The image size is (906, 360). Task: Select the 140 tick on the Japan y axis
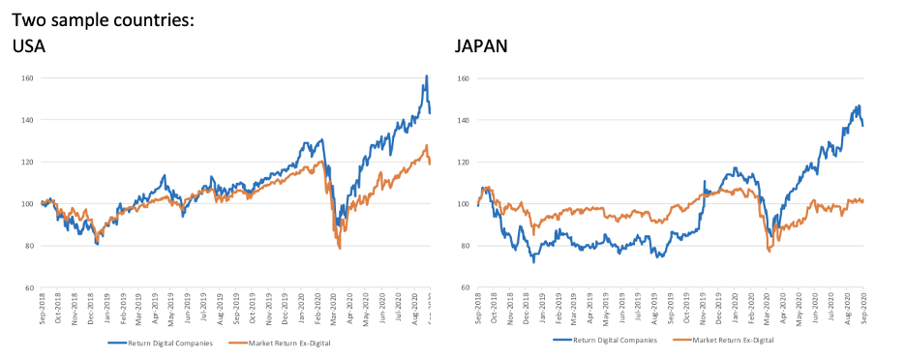click(x=463, y=121)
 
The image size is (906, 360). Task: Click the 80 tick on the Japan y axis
click(x=465, y=246)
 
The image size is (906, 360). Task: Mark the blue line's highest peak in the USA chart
click(x=426, y=76)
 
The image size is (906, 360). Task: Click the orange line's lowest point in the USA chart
click(x=340, y=249)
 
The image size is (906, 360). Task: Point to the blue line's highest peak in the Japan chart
click(x=859, y=105)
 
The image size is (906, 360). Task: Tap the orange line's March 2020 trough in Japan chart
click(x=769, y=252)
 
